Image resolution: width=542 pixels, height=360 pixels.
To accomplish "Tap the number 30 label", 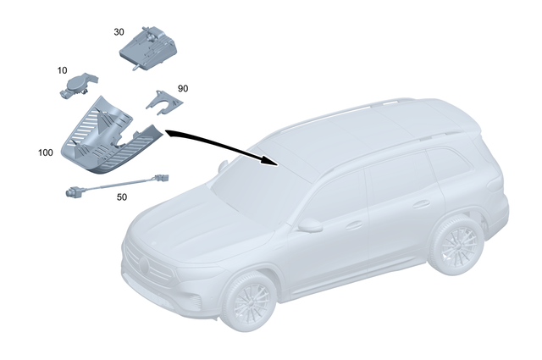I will coord(119,31).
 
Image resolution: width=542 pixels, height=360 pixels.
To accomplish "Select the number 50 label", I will coord(121,197).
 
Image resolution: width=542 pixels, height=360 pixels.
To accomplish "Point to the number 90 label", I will coord(183,89).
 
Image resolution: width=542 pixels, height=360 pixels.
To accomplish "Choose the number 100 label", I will coord(46,154).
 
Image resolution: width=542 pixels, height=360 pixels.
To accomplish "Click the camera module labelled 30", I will coord(150,46).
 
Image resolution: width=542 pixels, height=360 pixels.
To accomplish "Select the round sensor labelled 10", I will coord(80,86).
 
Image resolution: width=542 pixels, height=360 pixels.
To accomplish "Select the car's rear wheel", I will coord(456,245).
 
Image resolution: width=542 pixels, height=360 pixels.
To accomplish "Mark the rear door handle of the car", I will coord(421,204).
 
